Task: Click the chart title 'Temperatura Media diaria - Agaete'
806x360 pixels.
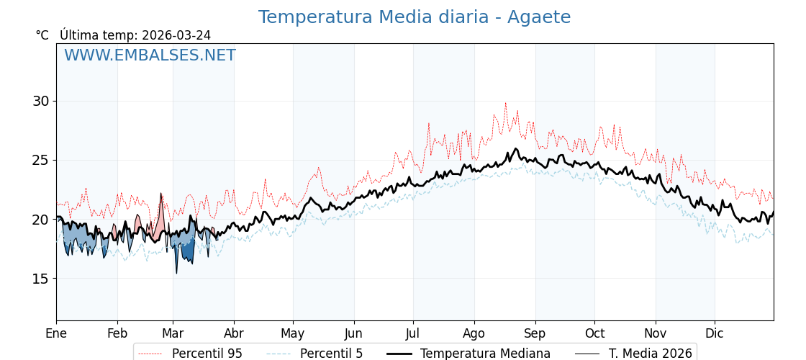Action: coord(414,17)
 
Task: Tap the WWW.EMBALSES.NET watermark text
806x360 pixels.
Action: coord(150,55)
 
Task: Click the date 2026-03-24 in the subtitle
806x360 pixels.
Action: coord(176,35)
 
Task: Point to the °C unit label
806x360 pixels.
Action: coord(42,35)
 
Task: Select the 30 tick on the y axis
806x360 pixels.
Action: coord(40,101)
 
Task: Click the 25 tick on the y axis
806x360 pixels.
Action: coord(40,160)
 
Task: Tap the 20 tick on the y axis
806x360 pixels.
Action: coord(40,220)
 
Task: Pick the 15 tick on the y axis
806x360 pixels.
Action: coord(40,279)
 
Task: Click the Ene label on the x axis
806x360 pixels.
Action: coord(56,333)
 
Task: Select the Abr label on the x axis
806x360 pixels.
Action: coord(234,333)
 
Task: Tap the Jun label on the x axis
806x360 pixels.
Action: coord(353,333)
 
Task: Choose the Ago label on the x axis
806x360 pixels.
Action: coord(474,333)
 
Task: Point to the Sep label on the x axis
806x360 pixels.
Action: coord(535,333)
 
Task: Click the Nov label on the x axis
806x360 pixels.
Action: coord(656,333)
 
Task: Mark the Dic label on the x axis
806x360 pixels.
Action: coord(715,333)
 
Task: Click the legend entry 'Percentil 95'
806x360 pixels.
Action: coord(207,354)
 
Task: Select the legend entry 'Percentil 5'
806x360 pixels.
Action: coord(331,354)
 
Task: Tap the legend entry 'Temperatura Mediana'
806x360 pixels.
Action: coord(485,354)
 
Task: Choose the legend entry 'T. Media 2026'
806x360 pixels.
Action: coord(650,354)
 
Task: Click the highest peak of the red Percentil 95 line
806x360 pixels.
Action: coord(505,103)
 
